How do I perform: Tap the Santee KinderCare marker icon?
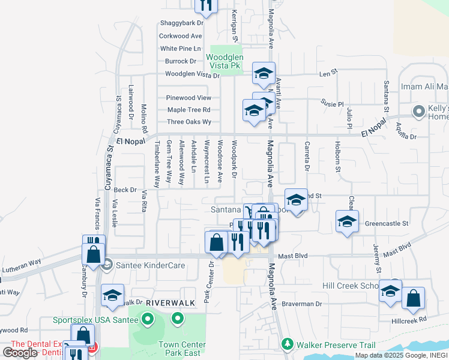pyautogui.click(x=107, y=263)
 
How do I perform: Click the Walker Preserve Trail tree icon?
pyautogui.click(x=288, y=344)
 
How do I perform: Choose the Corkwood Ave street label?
pyautogui.click(x=180, y=36)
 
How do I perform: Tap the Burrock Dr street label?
pyautogui.click(x=181, y=61)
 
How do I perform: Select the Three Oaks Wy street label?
pyautogui.click(x=189, y=122)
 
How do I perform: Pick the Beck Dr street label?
pyautogui.click(x=125, y=190)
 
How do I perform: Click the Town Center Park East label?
pyautogui.click(x=182, y=349)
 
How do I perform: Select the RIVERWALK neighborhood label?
pyautogui.click(x=170, y=303)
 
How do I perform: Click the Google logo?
pyautogui.click(x=19, y=353)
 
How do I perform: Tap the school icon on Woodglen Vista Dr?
pyautogui.click(x=264, y=73)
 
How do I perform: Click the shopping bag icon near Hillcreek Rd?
pyautogui.click(x=413, y=298)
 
